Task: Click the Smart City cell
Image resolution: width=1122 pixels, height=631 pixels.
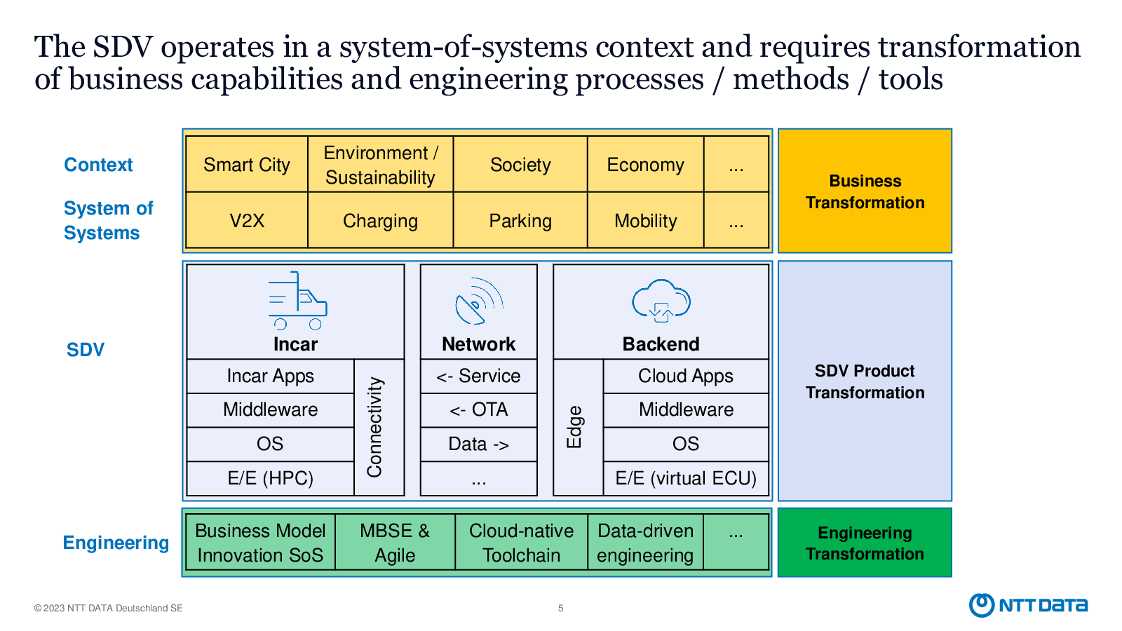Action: (x=246, y=164)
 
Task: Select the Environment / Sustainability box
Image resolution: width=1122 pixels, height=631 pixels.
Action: (x=381, y=164)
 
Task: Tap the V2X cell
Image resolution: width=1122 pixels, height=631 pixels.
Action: (x=246, y=220)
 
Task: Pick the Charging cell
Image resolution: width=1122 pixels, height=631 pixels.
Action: (x=381, y=220)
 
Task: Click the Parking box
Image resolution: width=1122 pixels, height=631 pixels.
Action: (x=520, y=220)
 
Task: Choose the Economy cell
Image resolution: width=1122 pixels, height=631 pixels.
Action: (x=646, y=164)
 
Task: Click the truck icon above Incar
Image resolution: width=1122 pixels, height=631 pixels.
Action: (x=297, y=301)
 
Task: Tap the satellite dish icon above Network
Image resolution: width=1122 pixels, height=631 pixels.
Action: (x=479, y=301)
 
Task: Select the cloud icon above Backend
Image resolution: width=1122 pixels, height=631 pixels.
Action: (x=661, y=301)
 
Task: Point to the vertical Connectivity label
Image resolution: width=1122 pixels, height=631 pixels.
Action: (x=374, y=427)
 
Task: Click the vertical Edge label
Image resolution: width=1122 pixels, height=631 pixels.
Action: (x=574, y=427)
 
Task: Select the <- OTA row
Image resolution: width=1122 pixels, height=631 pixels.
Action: (x=479, y=410)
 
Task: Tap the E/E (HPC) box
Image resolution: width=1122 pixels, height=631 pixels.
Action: (x=271, y=478)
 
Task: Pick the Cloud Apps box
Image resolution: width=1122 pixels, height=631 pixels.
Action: (x=686, y=376)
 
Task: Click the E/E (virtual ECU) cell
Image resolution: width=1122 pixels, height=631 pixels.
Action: (x=686, y=478)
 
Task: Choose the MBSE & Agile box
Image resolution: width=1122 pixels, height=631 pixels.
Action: (x=396, y=543)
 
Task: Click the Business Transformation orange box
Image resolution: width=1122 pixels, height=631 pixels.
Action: (x=865, y=191)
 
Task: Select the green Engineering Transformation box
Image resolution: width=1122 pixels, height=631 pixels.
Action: (x=865, y=543)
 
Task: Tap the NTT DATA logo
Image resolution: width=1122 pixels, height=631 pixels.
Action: (x=1028, y=605)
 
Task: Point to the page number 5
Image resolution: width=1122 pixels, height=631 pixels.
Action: (x=561, y=608)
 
